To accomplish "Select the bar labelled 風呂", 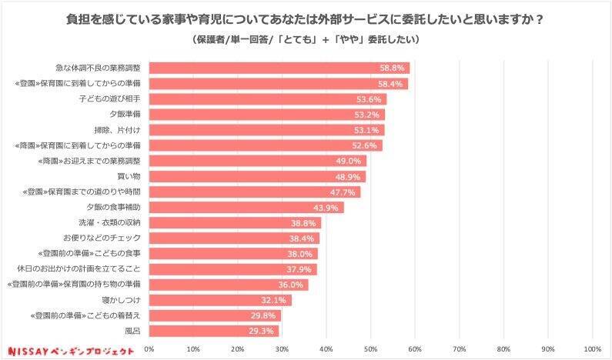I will [x=213, y=331].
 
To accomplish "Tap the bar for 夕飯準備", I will [x=266, y=115].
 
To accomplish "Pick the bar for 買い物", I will [x=256, y=176].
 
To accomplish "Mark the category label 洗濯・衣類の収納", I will [x=112, y=223].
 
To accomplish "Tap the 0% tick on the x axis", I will [x=149, y=348].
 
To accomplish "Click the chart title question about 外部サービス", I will [x=306, y=19].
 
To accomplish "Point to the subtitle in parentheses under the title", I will [x=306, y=39].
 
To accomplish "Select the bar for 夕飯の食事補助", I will [x=246, y=208].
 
